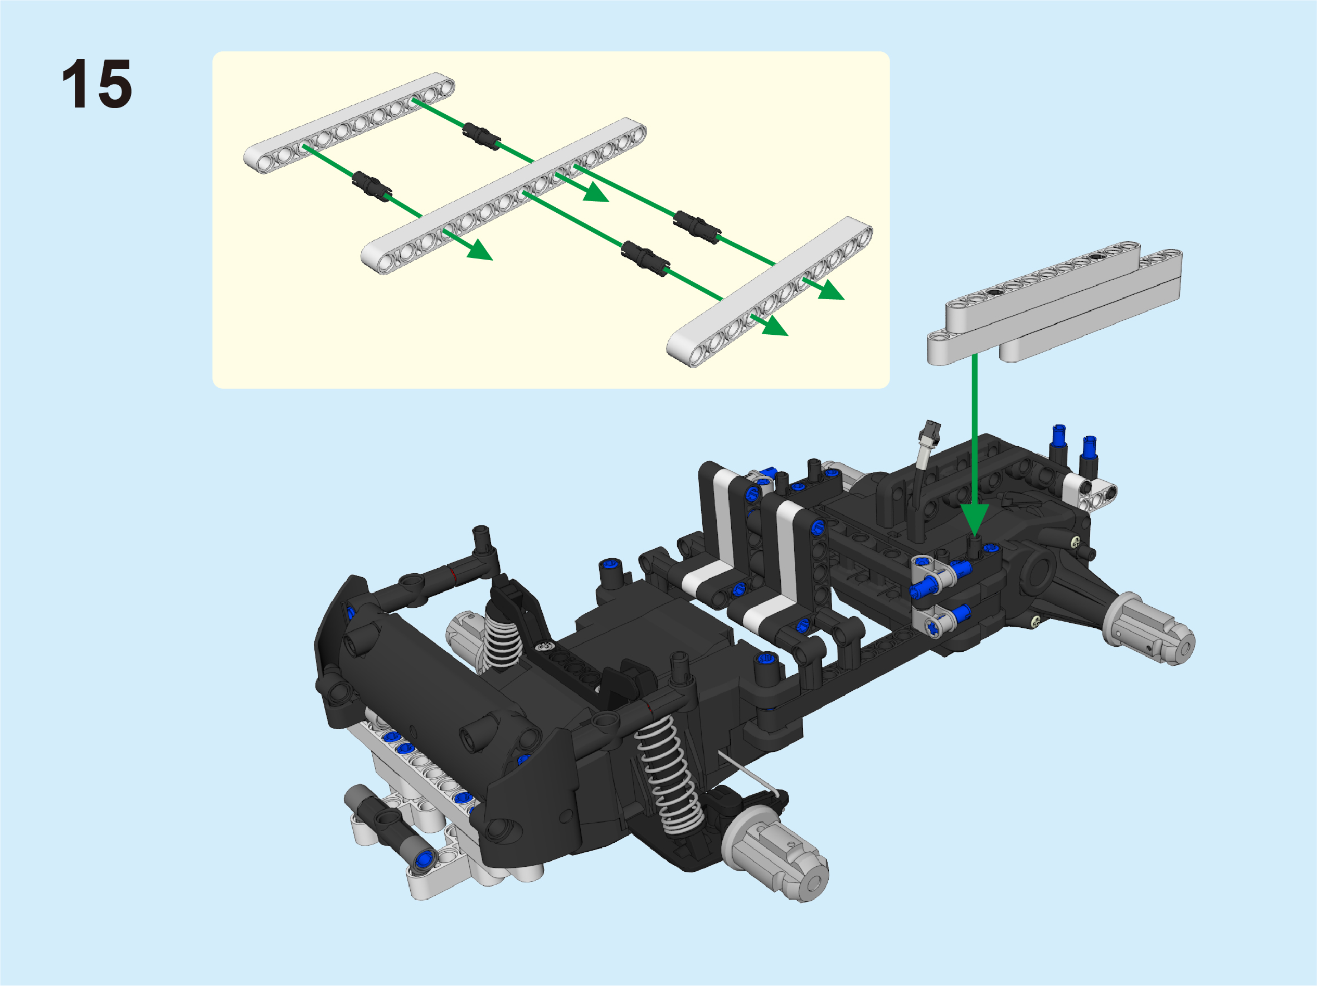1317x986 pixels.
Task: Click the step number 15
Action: [x=96, y=84]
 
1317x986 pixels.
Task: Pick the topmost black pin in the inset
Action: [x=481, y=136]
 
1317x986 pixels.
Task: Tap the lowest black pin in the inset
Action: [x=645, y=258]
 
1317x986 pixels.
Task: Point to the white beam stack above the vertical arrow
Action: [x=1054, y=304]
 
